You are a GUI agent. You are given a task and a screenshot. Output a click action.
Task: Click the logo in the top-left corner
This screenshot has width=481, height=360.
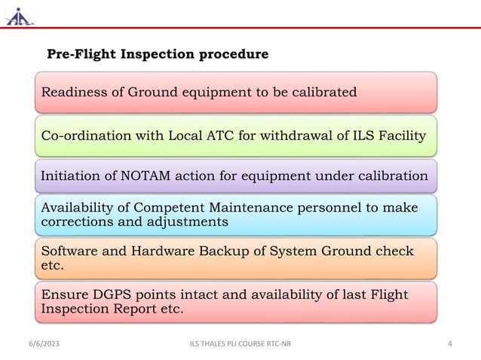coord(19,16)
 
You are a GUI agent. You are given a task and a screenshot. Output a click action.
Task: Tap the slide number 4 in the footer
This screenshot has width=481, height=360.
coord(449,344)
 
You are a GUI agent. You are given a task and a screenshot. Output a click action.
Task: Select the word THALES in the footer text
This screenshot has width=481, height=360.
coord(218,344)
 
